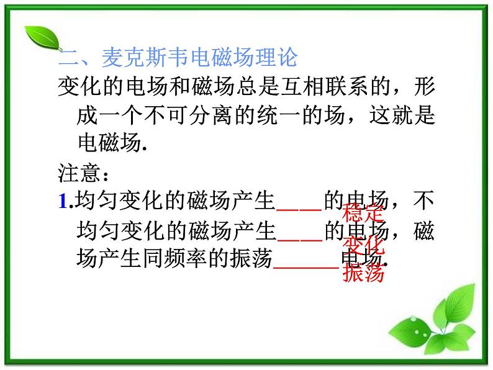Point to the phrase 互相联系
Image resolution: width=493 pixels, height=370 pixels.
(296, 87)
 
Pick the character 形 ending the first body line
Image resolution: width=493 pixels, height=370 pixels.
(422, 87)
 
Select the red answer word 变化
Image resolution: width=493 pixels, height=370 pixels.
(363, 244)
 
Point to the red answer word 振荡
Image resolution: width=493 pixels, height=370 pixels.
(363, 272)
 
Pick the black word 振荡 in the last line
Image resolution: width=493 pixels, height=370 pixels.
(250, 259)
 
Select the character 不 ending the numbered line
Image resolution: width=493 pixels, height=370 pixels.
(423, 202)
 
